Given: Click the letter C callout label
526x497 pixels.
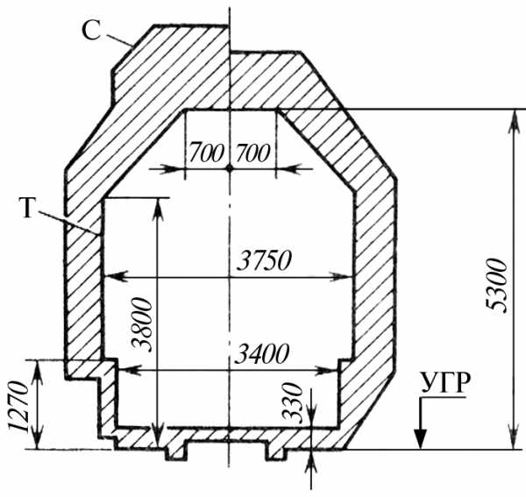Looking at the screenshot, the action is pos(91,32).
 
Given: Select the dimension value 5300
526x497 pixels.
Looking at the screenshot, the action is pos(497,286).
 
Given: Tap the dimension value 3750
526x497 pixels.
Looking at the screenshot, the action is pos(264,260).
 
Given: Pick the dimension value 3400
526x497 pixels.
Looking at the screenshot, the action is pos(262,354).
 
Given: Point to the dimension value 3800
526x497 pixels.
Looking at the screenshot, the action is pos(143,324).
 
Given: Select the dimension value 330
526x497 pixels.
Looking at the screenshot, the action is pos(293,402).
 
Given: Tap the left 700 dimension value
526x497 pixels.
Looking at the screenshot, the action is pos(206,153).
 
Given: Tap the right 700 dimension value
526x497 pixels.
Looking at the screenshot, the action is pos(252,153).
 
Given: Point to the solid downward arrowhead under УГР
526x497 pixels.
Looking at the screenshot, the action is pos(420,438).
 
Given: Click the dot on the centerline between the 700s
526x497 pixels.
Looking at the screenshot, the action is pos(230,168).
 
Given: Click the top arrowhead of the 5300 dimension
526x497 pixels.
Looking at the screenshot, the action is pos(513,121).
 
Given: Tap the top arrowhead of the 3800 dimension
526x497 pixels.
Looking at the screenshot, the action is pos(159,209).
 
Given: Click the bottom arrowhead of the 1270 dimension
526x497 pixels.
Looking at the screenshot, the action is pos(38,438).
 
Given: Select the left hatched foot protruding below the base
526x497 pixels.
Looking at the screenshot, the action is pos(175,452).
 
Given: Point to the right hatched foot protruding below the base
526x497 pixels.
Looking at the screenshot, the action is pos(276,452).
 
